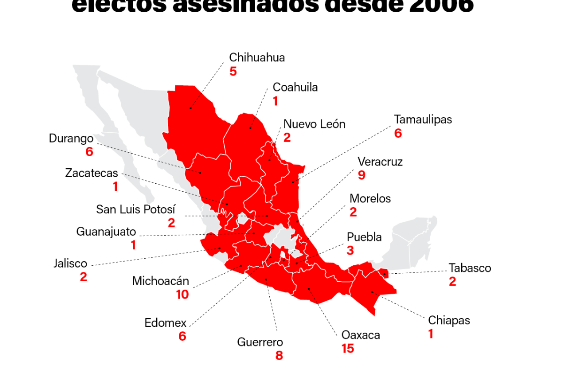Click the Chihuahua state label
(x=257, y=58)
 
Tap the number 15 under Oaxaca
(x=348, y=349)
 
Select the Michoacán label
(x=160, y=281)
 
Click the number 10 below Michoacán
(x=182, y=294)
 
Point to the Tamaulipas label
(x=423, y=120)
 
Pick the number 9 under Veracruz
(x=361, y=175)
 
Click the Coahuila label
(x=295, y=87)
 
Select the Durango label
(x=71, y=139)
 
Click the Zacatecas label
(x=91, y=173)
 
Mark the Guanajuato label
(x=106, y=232)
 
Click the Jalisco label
(x=70, y=263)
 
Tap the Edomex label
(x=165, y=323)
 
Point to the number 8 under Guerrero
(x=279, y=355)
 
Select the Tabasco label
(x=470, y=268)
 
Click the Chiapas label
(x=449, y=321)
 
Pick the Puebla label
(x=364, y=237)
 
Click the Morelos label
(x=370, y=199)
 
